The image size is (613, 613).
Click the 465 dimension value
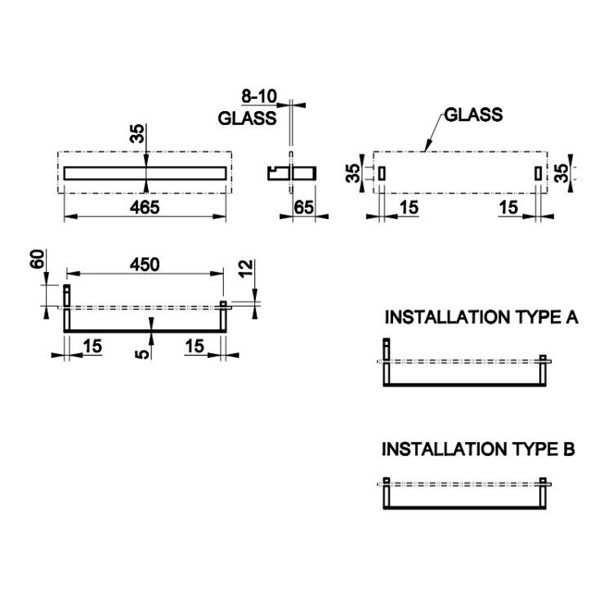pos(145,208)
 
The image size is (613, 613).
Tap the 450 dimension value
pos(145,265)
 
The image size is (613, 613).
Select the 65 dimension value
pos(303,208)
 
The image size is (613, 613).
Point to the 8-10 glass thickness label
pos(259,96)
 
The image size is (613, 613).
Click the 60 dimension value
pos(37,259)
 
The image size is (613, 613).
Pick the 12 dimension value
pos(246,269)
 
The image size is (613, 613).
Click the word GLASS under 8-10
pos(247,118)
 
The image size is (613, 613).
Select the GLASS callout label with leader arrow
pos(473,114)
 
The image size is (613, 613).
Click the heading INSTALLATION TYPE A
pos(481,317)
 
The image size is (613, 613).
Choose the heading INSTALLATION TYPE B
pos(478,450)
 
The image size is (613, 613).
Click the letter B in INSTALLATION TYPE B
pos(569,450)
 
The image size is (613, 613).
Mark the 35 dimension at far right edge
pos(562,173)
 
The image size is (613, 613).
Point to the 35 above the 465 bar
pos(137,134)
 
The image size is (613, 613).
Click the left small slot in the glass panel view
pos(382,173)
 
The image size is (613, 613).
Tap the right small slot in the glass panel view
pos(539,173)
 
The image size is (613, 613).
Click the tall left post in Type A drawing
pos(387,361)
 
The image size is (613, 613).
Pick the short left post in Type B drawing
pos(387,493)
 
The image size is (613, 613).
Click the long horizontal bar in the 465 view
pos(145,173)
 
